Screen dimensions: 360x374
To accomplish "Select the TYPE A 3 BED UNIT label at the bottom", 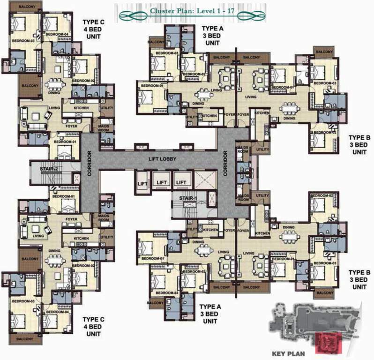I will pos(210,314).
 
